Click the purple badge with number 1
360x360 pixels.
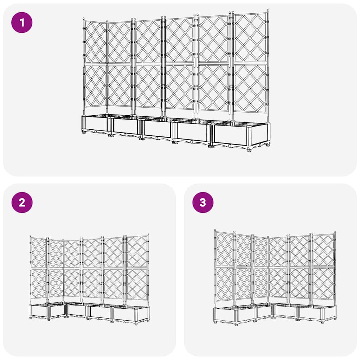[x=22, y=22]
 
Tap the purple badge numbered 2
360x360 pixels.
[x=22, y=202]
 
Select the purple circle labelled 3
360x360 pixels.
[x=202, y=202]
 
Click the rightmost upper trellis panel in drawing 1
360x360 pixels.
[x=250, y=38]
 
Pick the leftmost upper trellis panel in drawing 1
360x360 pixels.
[x=95, y=42]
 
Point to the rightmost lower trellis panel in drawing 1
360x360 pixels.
[x=250, y=88]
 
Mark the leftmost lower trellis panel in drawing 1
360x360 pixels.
[x=95, y=85]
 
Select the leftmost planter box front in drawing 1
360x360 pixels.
[x=96, y=124]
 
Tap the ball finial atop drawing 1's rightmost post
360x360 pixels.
[x=268, y=11]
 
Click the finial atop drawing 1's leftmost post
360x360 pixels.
[x=84, y=19]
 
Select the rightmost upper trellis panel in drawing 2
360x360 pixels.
[x=137, y=251]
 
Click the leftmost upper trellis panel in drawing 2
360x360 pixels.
[x=39, y=252]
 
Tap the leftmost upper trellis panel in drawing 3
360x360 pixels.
[x=224, y=249]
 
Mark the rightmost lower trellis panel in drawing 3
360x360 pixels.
[x=323, y=283]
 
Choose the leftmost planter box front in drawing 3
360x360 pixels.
[x=225, y=315]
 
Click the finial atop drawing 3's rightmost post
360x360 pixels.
[x=335, y=233]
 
